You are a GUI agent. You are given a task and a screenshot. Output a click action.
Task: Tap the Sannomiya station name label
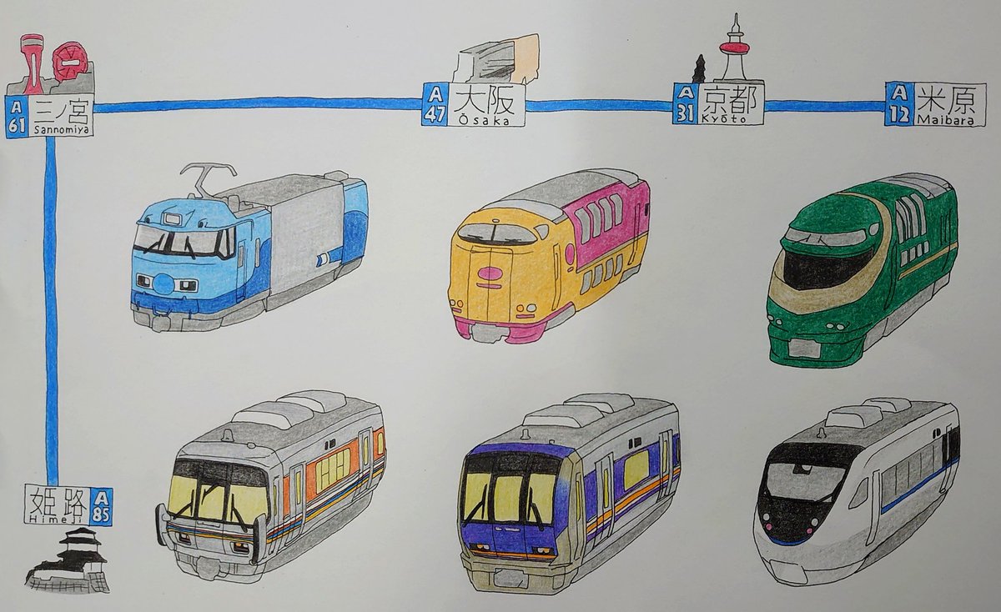(63, 116)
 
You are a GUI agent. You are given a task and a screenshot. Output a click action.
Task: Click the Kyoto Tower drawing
(735, 50)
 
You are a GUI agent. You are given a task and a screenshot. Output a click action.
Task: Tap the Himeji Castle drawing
(68, 562)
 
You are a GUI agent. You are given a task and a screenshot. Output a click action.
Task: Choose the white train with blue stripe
(854, 489)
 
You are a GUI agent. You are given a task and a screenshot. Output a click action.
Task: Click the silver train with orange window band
(271, 484)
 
